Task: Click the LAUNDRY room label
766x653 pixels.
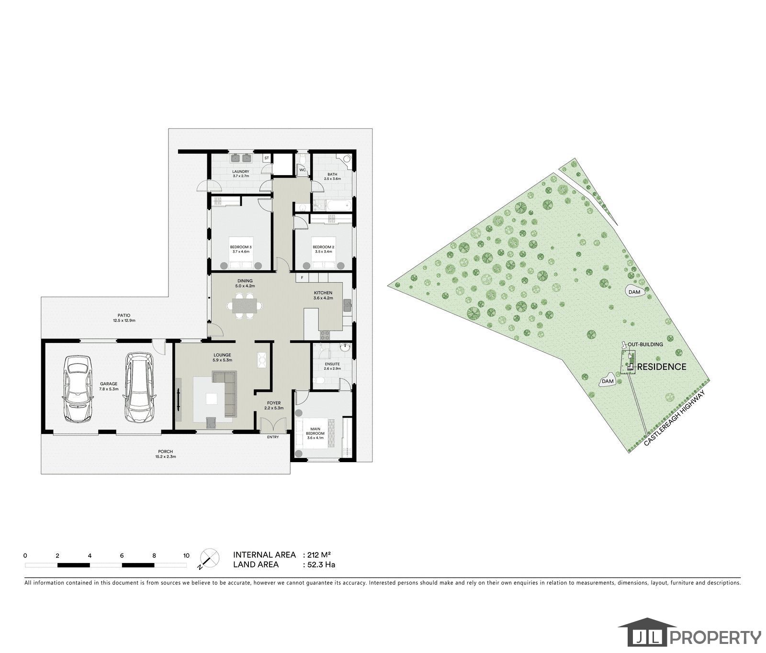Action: [241, 171]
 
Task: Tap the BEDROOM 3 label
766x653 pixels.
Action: [241, 247]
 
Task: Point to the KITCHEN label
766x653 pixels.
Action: [323, 293]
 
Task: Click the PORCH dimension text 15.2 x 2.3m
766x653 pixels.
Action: [166, 457]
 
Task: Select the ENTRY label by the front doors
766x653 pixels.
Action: [273, 437]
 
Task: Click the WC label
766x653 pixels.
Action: [302, 170]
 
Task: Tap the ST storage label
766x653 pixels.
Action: [267, 157]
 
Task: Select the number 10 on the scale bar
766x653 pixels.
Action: [186, 555]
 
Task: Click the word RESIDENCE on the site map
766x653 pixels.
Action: [661, 367]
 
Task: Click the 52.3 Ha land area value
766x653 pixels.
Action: [321, 564]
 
